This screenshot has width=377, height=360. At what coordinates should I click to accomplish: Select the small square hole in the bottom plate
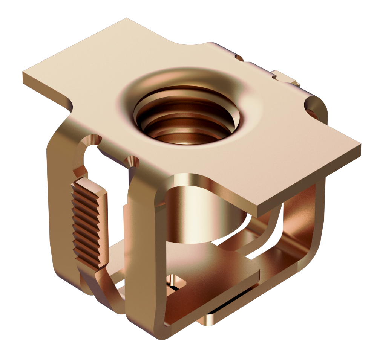point(176,282)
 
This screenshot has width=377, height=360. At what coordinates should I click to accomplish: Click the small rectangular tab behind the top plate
point(285,77)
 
